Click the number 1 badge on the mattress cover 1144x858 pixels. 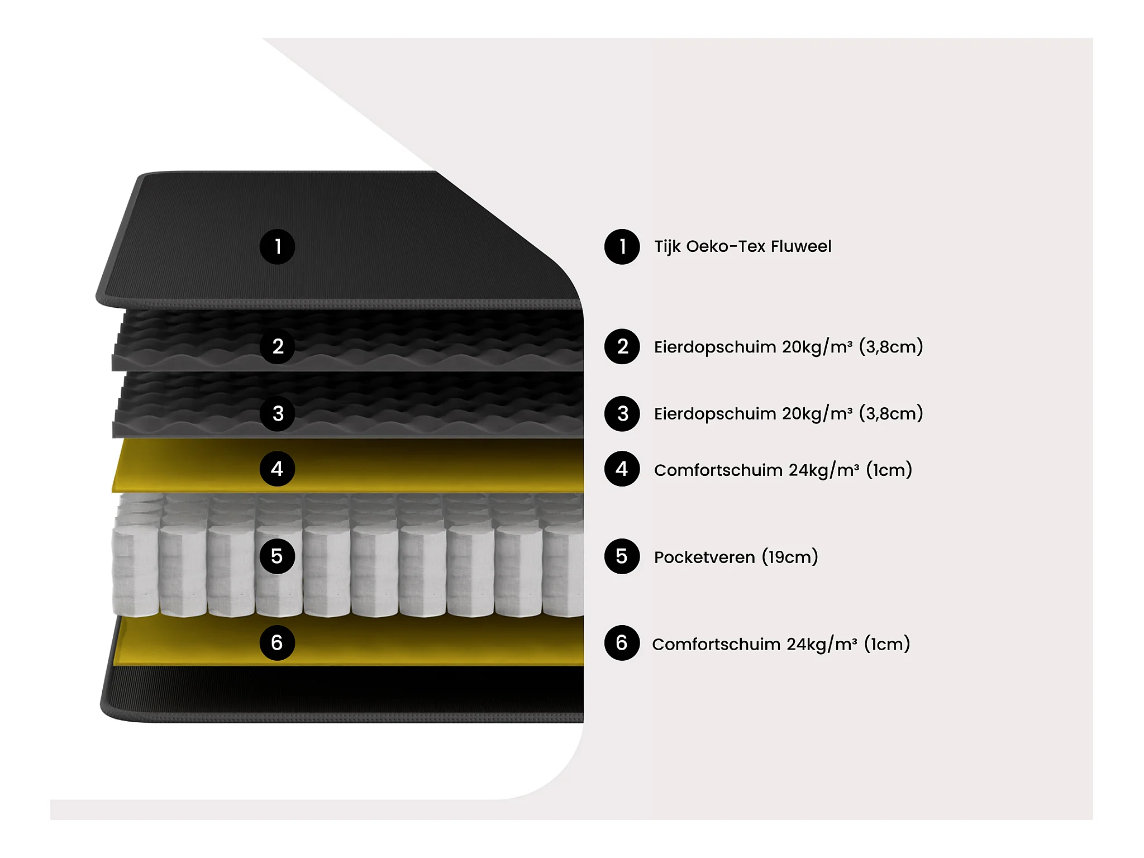click(277, 246)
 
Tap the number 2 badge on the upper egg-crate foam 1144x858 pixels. click(277, 346)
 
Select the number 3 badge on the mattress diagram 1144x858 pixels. click(277, 413)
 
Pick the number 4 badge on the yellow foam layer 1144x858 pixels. click(277, 469)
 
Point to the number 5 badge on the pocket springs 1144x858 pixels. click(277, 556)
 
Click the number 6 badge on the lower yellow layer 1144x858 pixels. click(277, 643)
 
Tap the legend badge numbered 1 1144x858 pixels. click(622, 246)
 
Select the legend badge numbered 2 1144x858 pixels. click(622, 346)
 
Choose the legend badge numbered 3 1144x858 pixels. click(622, 413)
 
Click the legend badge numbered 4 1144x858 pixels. click(622, 469)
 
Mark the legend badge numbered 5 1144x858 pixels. click(622, 556)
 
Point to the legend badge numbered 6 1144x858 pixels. click(622, 643)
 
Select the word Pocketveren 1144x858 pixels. click(704, 557)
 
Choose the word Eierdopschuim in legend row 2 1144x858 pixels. click(715, 347)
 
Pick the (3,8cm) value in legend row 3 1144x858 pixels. click(890, 414)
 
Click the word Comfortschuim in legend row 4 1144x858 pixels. click(718, 470)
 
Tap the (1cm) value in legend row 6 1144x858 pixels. click(887, 644)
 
